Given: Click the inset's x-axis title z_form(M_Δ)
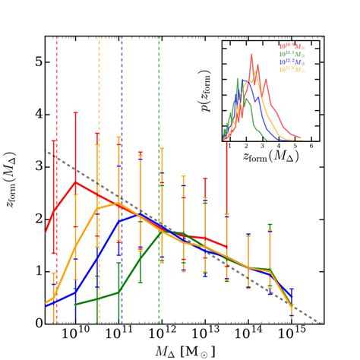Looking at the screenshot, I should click(269, 157).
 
